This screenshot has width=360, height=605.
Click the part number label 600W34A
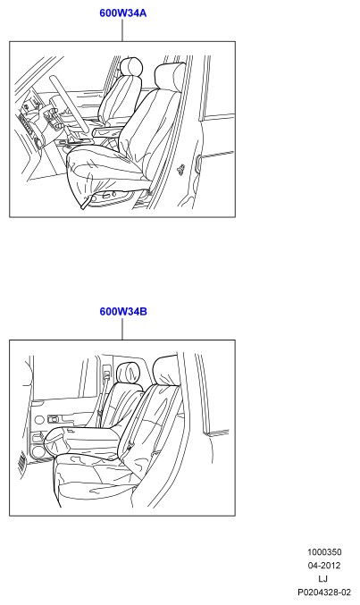(122, 13)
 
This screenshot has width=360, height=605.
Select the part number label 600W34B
(123, 311)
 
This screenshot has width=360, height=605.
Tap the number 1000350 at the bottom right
(324, 552)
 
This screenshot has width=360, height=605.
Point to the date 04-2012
(324, 566)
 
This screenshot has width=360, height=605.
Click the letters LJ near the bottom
(323, 579)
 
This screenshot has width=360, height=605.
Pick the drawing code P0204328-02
(324, 592)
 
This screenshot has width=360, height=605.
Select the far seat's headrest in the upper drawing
(131, 67)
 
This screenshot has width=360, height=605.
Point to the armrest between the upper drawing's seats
(108, 131)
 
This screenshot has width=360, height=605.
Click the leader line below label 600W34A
(122, 30)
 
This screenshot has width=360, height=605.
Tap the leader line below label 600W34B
(122, 329)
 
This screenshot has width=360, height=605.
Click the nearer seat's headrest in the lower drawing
(166, 371)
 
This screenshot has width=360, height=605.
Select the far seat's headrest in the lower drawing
(130, 373)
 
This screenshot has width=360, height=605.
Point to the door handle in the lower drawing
(54, 418)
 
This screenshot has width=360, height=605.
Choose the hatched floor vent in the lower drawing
(22, 461)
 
